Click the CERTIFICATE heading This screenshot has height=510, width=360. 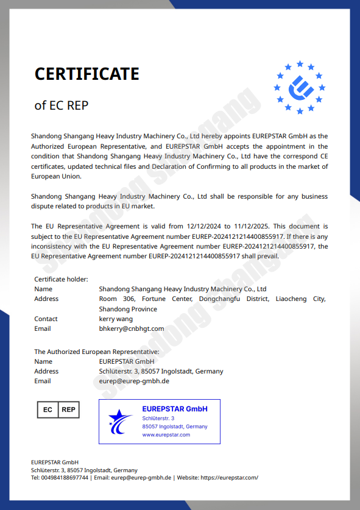[x=87, y=74]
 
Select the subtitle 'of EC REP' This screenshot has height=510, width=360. [x=62, y=105]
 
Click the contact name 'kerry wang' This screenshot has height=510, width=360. [x=115, y=319]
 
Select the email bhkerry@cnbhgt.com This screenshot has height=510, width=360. [x=132, y=328]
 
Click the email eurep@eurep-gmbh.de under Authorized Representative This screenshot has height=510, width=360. [x=134, y=381]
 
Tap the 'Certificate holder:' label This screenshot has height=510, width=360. [x=62, y=279]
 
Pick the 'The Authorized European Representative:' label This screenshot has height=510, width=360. [x=97, y=352]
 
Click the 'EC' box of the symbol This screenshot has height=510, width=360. [x=48, y=409]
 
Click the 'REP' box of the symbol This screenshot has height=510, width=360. [x=69, y=409]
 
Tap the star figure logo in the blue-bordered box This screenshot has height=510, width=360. [x=120, y=421]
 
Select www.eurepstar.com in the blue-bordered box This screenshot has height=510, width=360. [x=166, y=434]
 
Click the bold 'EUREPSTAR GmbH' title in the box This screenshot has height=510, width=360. [x=175, y=409]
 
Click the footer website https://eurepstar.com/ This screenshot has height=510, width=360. [x=229, y=478]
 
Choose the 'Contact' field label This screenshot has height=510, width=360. [x=46, y=319]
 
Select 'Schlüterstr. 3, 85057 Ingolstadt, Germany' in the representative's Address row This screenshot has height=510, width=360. [x=161, y=371]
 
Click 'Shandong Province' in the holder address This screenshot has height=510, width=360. [x=128, y=309]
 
